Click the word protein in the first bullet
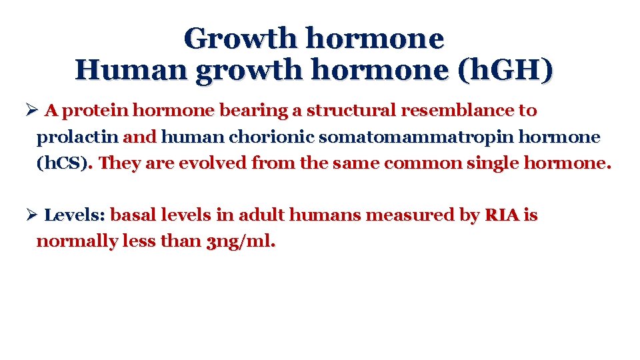click(x=98, y=110)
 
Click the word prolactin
click(x=77, y=137)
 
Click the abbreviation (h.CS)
click(x=63, y=163)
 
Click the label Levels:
click(x=74, y=215)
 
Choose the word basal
click(x=132, y=215)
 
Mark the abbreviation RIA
click(x=501, y=215)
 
